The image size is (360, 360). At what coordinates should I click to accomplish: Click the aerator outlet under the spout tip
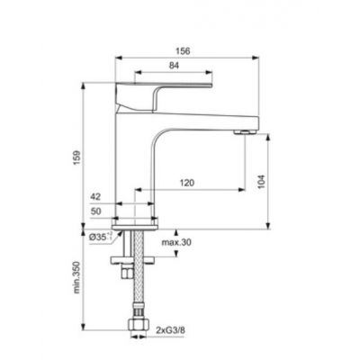[242, 131]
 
